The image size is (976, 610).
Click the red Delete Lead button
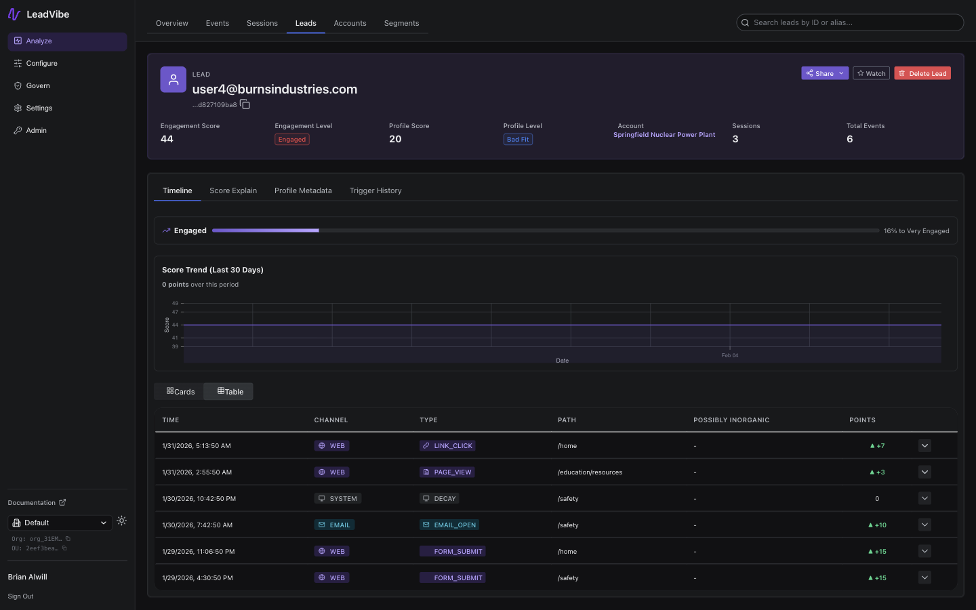pos(922,73)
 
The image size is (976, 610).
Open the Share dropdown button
pos(824,73)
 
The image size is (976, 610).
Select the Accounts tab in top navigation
pos(350,23)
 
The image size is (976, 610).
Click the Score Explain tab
pos(233,190)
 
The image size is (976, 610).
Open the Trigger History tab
pos(375,190)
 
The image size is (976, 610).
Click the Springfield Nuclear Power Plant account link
pos(664,135)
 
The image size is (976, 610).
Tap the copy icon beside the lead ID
pos(245,104)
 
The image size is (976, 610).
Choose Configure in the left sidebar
pos(41,63)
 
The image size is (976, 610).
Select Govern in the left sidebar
pos(38,85)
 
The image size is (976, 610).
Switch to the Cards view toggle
pos(180,392)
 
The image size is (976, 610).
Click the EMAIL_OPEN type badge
pos(449,525)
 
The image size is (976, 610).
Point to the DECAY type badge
pos(439,498)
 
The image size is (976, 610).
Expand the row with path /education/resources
pos(924,472)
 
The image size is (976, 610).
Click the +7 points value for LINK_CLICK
pos(877,446)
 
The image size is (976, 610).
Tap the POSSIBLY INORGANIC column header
pos(731,420)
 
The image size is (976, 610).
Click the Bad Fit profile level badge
pos(518,140)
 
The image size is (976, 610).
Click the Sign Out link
pos(20,596)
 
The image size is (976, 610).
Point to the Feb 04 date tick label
pos(730,355)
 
